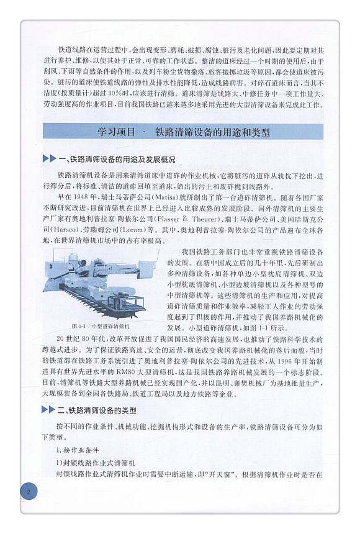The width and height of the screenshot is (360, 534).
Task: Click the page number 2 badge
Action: click(x=29, y=492)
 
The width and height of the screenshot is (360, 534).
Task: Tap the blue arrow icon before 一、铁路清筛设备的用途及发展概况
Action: click(x=49, y=159)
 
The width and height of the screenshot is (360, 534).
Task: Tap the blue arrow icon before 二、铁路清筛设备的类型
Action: click(x=49, y=410)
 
